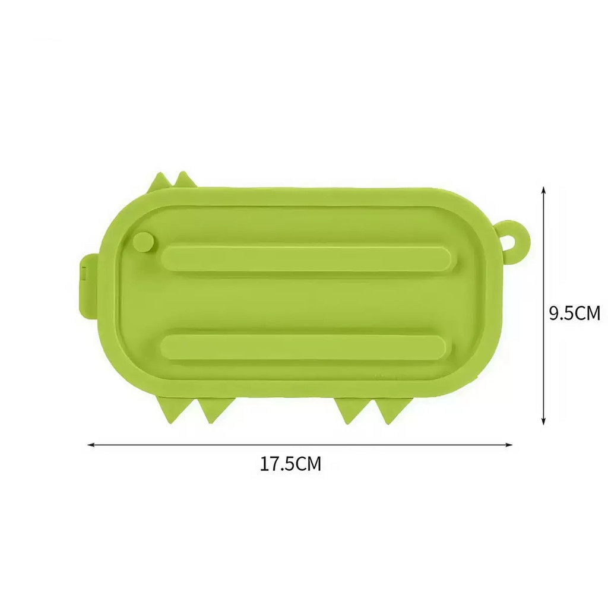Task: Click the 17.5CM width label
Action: coord(290,463)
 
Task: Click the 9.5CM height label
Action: coord(575,313)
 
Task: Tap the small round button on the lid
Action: coord(144,241)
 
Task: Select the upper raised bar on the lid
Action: coord(306,258)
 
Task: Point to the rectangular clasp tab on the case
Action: coord(88,284)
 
